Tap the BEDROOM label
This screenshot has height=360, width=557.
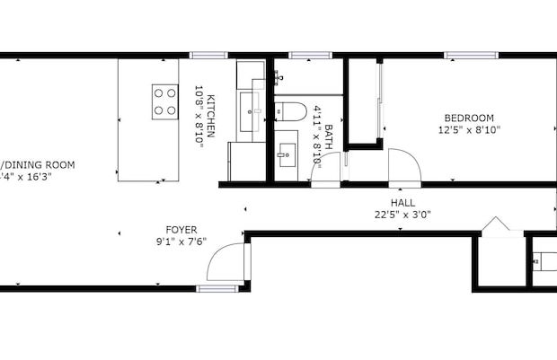[x=469, y=118]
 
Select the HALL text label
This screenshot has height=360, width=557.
[x=402, y=204]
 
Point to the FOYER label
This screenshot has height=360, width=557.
[x=181, y=230]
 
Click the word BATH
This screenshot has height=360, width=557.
[x=329, y=135]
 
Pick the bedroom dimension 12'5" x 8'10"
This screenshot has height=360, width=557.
[x=469, y=130]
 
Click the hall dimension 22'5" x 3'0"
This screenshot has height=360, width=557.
[x=402, y=215]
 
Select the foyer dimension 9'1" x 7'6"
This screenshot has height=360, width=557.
[x=181, y=241]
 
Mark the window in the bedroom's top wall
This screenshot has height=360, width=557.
[x=471, y=55]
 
